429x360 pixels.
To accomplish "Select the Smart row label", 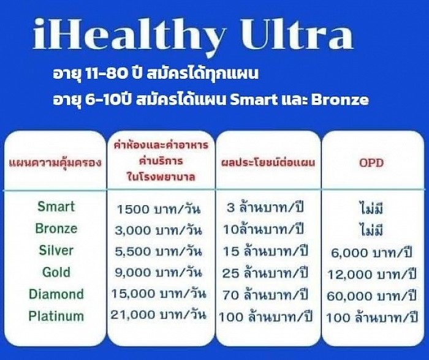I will tap(56, 206).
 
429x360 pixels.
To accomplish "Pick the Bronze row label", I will tap(56, 228).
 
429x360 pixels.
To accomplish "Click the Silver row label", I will tap(56, 250).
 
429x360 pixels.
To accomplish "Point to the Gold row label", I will tap(56, 272).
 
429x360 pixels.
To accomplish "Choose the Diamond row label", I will tap(56, 294).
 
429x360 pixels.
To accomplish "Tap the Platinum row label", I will tap(56, 316).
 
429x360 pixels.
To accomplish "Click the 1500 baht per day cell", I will tap(163, 208).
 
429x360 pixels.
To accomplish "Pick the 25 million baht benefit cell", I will tap(266, 272).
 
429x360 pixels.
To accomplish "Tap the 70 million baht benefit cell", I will tap(266, 294).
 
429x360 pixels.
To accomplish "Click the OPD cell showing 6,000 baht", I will tap(373, 252).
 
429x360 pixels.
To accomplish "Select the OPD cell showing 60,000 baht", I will tap(373, 296).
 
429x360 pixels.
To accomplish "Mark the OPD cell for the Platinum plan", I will tap(373, 317).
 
